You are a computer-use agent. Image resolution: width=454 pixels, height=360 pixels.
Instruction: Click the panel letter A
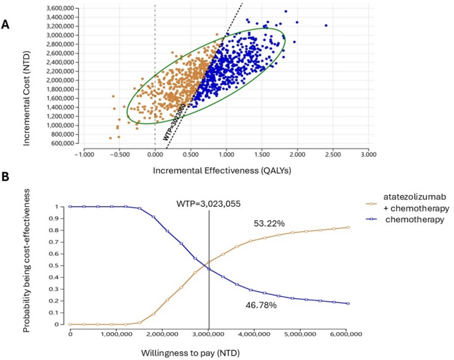point(7,25)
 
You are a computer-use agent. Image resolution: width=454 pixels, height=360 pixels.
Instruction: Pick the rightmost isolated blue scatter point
point(326,26)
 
